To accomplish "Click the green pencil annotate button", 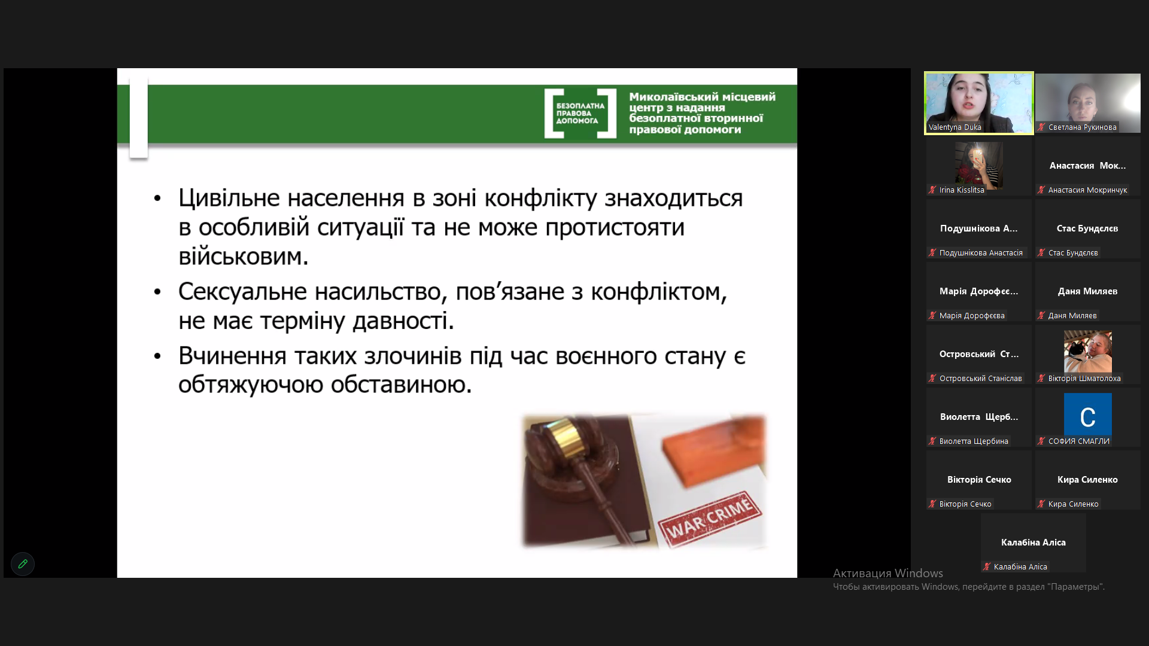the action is point(23,563).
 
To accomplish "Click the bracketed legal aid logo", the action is point(580,113).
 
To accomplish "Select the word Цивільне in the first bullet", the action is point(229,198).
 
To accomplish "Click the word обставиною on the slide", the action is point(401,384).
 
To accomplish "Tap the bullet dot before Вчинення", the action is point(157,356).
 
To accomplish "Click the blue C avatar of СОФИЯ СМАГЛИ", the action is point(1087,414).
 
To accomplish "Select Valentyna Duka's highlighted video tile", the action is point(979,103).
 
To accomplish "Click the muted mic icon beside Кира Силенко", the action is point(1041,504).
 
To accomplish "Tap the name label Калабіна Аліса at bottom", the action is point(1020,566).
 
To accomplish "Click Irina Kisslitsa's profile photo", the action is point(978,166).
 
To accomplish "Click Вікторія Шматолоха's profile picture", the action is point(1087,351).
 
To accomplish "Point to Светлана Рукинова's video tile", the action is point(1088,103).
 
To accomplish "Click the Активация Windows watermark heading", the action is point(888,573).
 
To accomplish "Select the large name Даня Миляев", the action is point(1087,291).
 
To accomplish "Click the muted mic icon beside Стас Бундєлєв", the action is point(1041,252).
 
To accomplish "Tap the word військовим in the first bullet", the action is point(244,257).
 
